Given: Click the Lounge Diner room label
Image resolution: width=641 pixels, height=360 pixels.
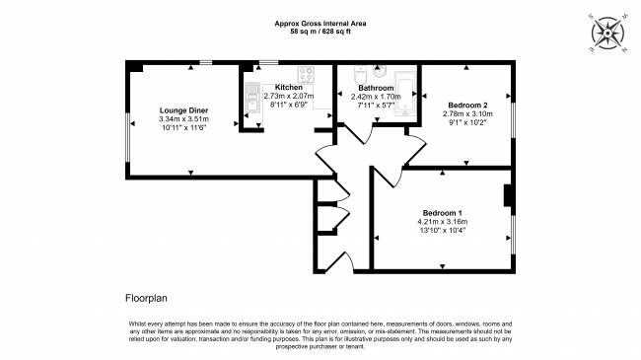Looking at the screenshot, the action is [x=184, y=110].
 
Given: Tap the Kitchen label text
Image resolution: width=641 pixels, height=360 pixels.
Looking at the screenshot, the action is [x=289, y=87].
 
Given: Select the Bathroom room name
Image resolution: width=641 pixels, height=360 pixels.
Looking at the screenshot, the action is [x=376, y=88].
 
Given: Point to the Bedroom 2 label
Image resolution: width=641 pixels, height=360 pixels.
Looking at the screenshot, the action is [x=467, y=106].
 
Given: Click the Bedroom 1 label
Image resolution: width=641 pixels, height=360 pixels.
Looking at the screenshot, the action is [x=443, y=213].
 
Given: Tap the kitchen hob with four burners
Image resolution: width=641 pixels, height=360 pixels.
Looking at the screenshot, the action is [x=306, y=75].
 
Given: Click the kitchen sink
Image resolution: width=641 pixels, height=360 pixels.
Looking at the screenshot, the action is [x=252, y=98].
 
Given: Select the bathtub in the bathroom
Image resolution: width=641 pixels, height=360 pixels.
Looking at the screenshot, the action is [x=405, y=95].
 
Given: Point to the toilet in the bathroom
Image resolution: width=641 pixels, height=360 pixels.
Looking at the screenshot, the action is [x=360, y=74].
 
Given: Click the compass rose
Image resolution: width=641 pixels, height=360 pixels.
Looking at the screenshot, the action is [x=607, y=34].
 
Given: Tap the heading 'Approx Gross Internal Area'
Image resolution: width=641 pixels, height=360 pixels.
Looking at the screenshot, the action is [x=320, y=24].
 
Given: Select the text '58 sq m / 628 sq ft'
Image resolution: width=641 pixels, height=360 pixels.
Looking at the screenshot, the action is [x=320, y=32].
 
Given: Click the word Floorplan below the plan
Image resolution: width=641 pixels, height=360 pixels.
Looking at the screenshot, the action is [x=146, y=298].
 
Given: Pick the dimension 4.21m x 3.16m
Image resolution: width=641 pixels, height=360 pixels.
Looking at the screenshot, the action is [x=443, y=222].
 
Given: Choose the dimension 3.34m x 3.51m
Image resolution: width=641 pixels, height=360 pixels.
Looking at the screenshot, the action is [x=184, y=119].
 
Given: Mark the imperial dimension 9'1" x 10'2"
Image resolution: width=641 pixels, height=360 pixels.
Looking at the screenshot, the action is [x=467, y=122].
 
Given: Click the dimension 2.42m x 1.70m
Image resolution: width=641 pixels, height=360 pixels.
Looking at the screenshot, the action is [x=376, y=97].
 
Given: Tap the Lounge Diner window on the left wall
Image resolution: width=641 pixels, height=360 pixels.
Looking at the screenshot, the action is [x=128, y=138].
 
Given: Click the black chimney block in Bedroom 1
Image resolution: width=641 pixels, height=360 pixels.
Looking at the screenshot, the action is [x=509, y=195].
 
